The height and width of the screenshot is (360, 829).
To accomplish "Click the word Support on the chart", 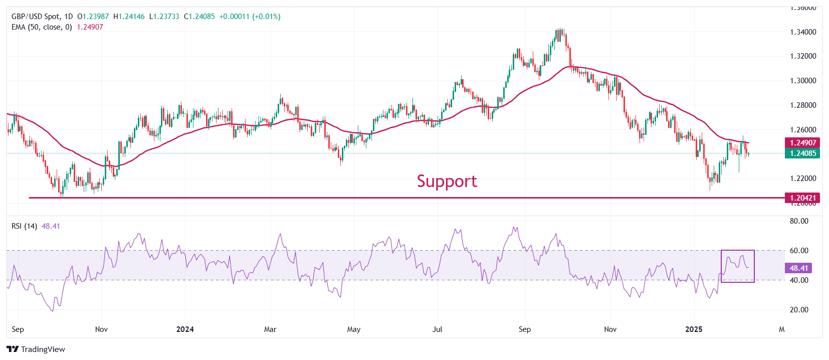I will (447, 181).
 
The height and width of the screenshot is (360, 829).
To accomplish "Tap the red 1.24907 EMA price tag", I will (803, 143).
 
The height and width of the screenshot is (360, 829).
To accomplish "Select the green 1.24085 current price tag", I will (803, 153).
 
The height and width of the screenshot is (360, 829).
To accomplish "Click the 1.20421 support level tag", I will (803, 198).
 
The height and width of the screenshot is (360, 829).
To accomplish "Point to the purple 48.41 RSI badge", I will (798, 268).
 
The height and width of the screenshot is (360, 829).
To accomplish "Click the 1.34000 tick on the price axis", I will (803, 32).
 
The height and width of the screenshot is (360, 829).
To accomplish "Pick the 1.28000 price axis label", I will (803, 105).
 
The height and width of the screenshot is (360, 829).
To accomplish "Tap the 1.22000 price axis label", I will (803, 178).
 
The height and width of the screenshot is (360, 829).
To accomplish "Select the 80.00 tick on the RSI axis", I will (799, 221).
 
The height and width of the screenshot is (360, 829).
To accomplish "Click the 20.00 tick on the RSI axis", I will (799, 310).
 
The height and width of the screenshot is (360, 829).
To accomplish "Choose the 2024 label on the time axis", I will (185, 329).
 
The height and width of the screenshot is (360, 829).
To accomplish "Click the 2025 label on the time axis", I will (694, 329).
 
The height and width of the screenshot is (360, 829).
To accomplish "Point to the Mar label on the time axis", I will (270, 329).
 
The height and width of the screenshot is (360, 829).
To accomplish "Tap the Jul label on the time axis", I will (438, 329).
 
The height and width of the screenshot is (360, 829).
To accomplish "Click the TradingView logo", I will (36, 349).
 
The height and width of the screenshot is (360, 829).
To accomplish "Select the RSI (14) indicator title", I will (24, 226).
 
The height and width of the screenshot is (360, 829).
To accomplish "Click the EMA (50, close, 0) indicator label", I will (42, 27).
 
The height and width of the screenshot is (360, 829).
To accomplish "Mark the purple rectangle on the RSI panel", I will (737, 266).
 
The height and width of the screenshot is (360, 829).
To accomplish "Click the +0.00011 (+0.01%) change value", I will (250, 17).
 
